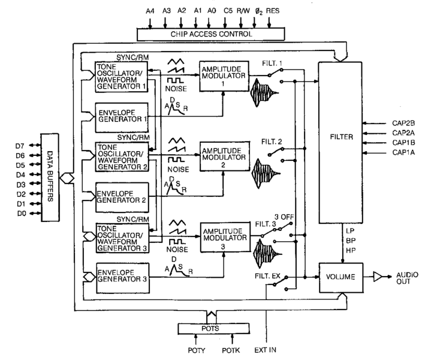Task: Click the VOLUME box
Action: (340, 277)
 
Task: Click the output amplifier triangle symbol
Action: (377, 277)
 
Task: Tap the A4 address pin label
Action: (149, 10)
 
